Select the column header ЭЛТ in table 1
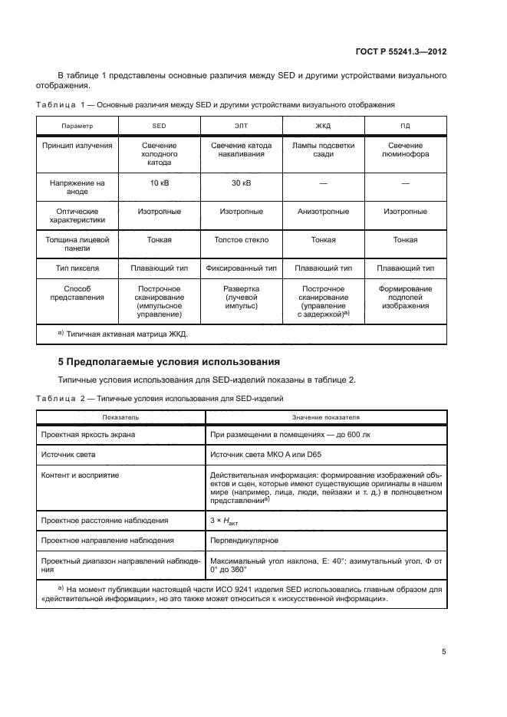242,125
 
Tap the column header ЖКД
323,125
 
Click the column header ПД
404,125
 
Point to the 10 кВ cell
159,183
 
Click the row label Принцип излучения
75,146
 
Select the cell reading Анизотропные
323,212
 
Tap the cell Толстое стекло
242,240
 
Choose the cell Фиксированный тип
242,268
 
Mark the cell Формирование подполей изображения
404,298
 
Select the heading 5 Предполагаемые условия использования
170,360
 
